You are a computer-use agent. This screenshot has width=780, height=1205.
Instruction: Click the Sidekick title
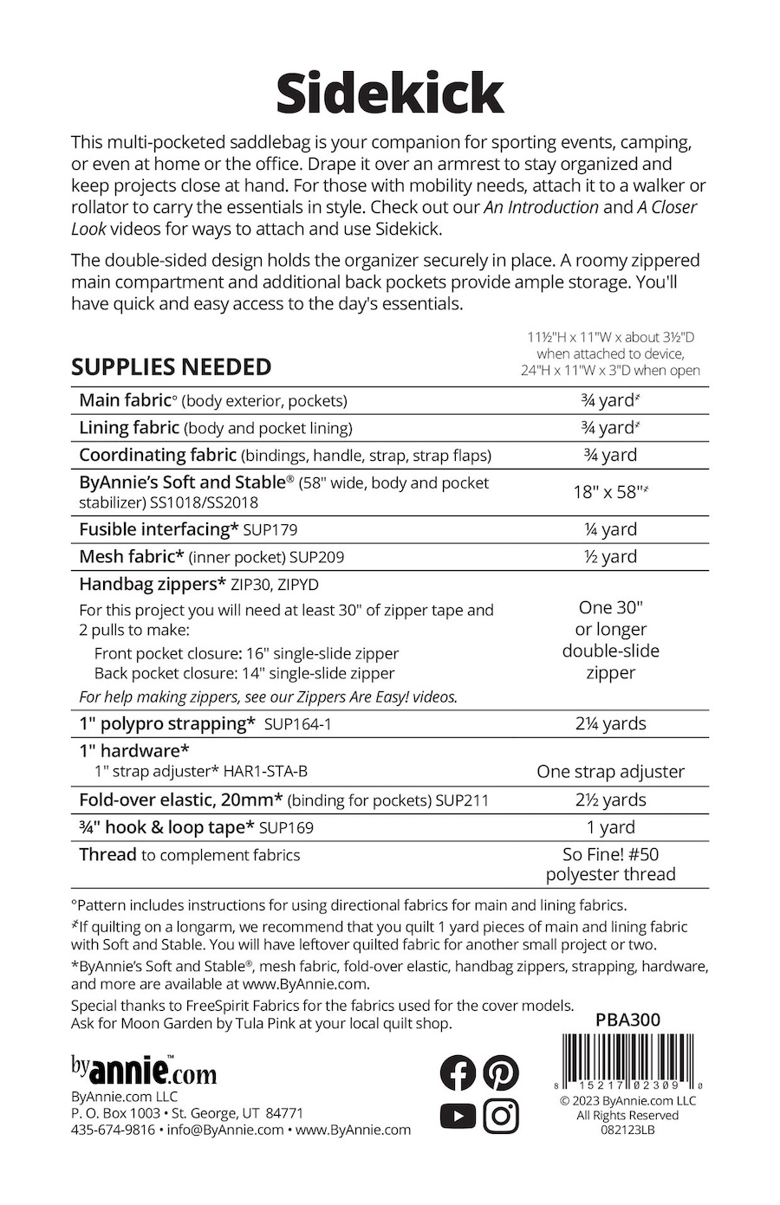[x=390, y=94]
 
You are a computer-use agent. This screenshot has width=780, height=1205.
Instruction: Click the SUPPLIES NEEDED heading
[x=171, y=367]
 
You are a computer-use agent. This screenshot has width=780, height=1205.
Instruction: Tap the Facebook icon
[x=458, y=1073]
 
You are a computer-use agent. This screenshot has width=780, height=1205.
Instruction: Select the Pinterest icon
[x=501, y=1073]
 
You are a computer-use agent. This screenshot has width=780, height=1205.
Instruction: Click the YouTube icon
[x=458, y=1116]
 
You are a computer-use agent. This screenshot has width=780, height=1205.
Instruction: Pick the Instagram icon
[x=501, y=1116]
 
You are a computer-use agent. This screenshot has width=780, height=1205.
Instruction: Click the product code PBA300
[x=627, y=1020]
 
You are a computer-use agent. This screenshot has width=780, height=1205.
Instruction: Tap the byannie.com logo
[x=144, y=1072]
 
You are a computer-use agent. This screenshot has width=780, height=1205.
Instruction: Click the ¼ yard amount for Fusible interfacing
[x=610, y=529]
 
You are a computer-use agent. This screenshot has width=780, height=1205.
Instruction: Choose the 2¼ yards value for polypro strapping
[x=610, y=723]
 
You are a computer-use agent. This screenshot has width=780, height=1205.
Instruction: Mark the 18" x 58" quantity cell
[x=610, y=492]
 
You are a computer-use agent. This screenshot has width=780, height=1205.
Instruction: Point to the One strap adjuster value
[x=610, y=771]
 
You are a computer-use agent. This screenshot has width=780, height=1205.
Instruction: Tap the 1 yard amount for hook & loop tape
[x=610, y=827]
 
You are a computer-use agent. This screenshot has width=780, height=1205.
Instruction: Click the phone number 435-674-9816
[x=113, y=1130]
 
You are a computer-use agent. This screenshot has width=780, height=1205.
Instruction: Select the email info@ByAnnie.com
[x=225, y=1130]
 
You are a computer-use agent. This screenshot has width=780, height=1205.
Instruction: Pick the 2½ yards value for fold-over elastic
[x=610, y=800]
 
